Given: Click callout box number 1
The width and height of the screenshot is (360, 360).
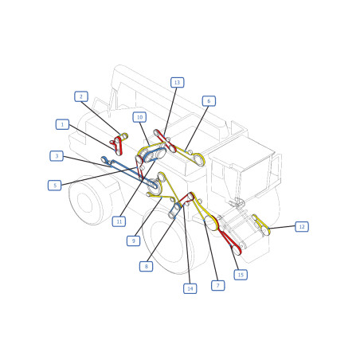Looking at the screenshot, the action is coord(62,124).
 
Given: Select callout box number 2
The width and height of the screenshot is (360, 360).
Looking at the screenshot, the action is coord(81,96).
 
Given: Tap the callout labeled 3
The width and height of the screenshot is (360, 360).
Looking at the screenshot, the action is coord(57,156).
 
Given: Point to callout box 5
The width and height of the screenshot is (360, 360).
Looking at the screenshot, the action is coord(55,186).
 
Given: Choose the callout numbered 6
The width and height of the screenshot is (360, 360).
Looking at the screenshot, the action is coord(209,101).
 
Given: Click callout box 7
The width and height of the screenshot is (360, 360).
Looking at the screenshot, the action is coord(218,285).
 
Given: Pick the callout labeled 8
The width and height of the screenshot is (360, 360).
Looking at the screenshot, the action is coord(147,266).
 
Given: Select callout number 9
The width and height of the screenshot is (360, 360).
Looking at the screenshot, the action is coord(133,241).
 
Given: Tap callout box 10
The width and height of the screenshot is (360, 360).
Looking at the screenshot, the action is coord(139,117).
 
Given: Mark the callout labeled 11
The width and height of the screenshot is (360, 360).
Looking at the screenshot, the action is coord(119,221).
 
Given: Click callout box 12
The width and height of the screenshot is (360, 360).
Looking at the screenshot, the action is coord(302,227).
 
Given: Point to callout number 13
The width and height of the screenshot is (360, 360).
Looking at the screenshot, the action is coord(178,82).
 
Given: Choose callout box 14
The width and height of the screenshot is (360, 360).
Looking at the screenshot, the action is coord(190,288).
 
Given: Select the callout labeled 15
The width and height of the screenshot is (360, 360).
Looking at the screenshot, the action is coord(241,275).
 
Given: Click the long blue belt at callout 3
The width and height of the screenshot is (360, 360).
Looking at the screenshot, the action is coord(129,173).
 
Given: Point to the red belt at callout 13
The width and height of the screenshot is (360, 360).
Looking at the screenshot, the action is coord(165,140).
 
